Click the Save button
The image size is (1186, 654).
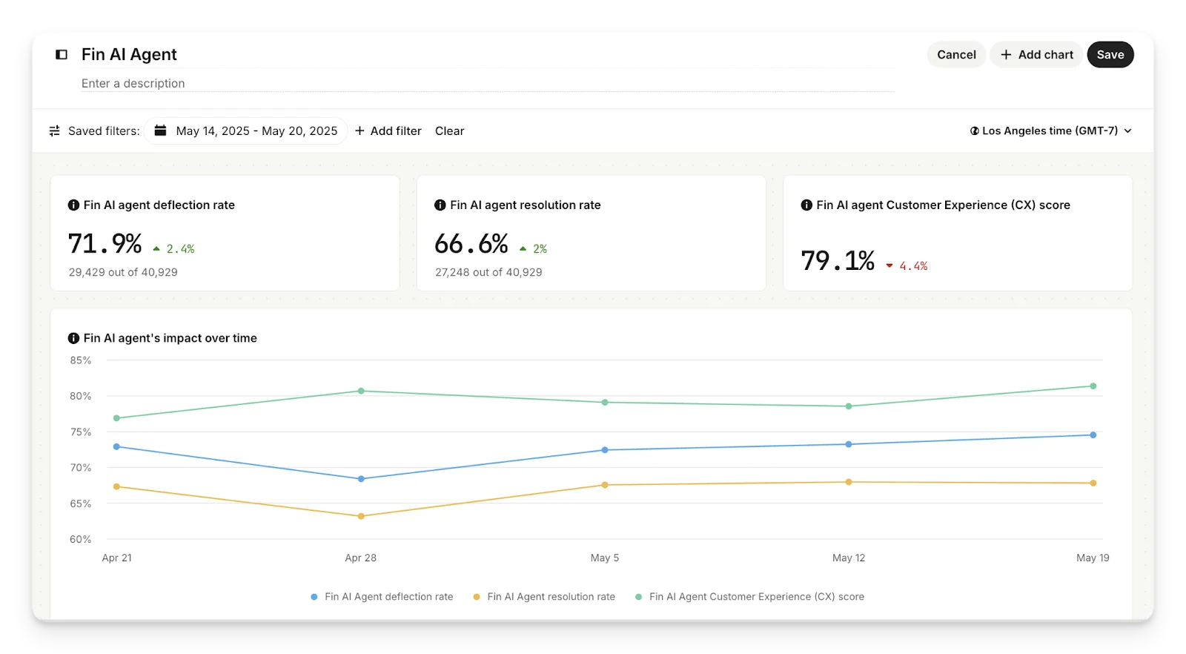[x=1110, y=55]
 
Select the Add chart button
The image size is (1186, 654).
[x=1036, y=55]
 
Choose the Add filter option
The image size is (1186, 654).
[x=388, y=131]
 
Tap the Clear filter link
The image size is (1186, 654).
[x=449, y=131]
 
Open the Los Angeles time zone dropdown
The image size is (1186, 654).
[x=1050, y=131]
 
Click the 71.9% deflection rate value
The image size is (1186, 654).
[x=105, y=244]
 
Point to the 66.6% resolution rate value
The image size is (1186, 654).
[x=471, y=244]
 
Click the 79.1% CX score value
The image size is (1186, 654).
[x=838, y=261]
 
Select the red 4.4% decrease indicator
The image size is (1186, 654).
[x=907, y=266]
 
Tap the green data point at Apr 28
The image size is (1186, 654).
[x=361, y=391]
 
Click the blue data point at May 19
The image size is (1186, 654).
[x=1093, y=435]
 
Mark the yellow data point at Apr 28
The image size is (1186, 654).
[x=361, y=516]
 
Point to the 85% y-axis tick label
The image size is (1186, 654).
[x=80, y=360]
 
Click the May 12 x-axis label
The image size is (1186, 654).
[x=849, y=558]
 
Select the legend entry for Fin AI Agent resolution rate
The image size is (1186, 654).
[x=544, y=597]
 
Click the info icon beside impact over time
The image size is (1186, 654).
[x=73, y=338]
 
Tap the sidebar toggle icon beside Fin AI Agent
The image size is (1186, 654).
[x=62, y=55]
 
